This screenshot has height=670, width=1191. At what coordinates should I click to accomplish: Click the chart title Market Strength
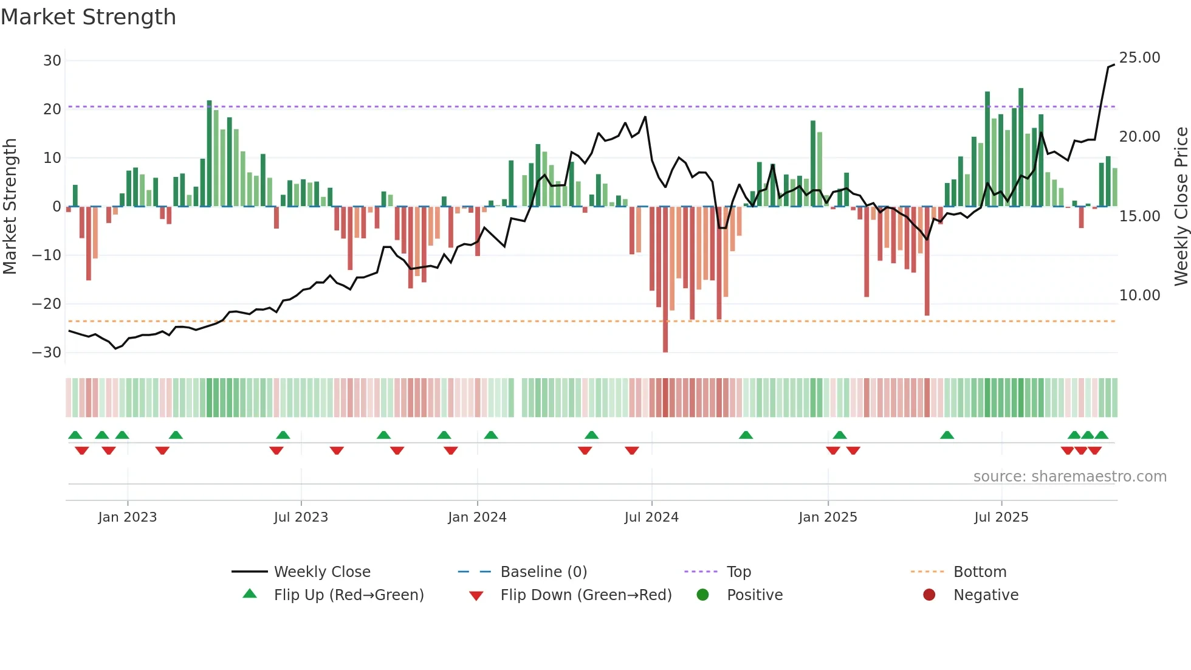tap(88, 17)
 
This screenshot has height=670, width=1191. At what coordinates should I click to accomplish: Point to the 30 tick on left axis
tap(52, 61)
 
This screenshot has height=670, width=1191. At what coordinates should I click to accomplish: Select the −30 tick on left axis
tap(47, 353)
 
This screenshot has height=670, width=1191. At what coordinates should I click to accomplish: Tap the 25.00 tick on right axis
tap(1139, 58)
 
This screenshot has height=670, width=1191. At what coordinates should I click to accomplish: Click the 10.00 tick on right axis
tap(1139, 295)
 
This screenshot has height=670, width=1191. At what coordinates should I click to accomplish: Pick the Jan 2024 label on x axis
tap(477, 517)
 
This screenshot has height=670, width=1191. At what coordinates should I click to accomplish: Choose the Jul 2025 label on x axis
tap(1001, 517)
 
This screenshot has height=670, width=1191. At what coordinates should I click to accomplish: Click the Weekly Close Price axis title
tap(1181, 207)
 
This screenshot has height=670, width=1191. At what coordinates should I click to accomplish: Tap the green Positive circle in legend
tap(703, 595)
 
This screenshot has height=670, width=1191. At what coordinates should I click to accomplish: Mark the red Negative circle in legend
tap(929, 595)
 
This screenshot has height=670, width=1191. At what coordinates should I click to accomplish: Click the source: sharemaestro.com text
tap(1069, 477)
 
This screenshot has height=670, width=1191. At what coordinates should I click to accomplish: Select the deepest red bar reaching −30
tap(665, 280)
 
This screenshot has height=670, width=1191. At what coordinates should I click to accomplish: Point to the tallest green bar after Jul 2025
tap(1021, 146)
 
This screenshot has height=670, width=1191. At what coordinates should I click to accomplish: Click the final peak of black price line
tap(1113, 65)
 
